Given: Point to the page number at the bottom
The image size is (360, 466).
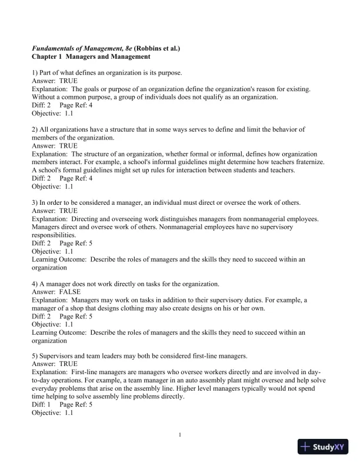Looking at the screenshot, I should (x=180, y=435).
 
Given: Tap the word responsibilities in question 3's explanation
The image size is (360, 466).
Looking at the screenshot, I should (x=56, y=235).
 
